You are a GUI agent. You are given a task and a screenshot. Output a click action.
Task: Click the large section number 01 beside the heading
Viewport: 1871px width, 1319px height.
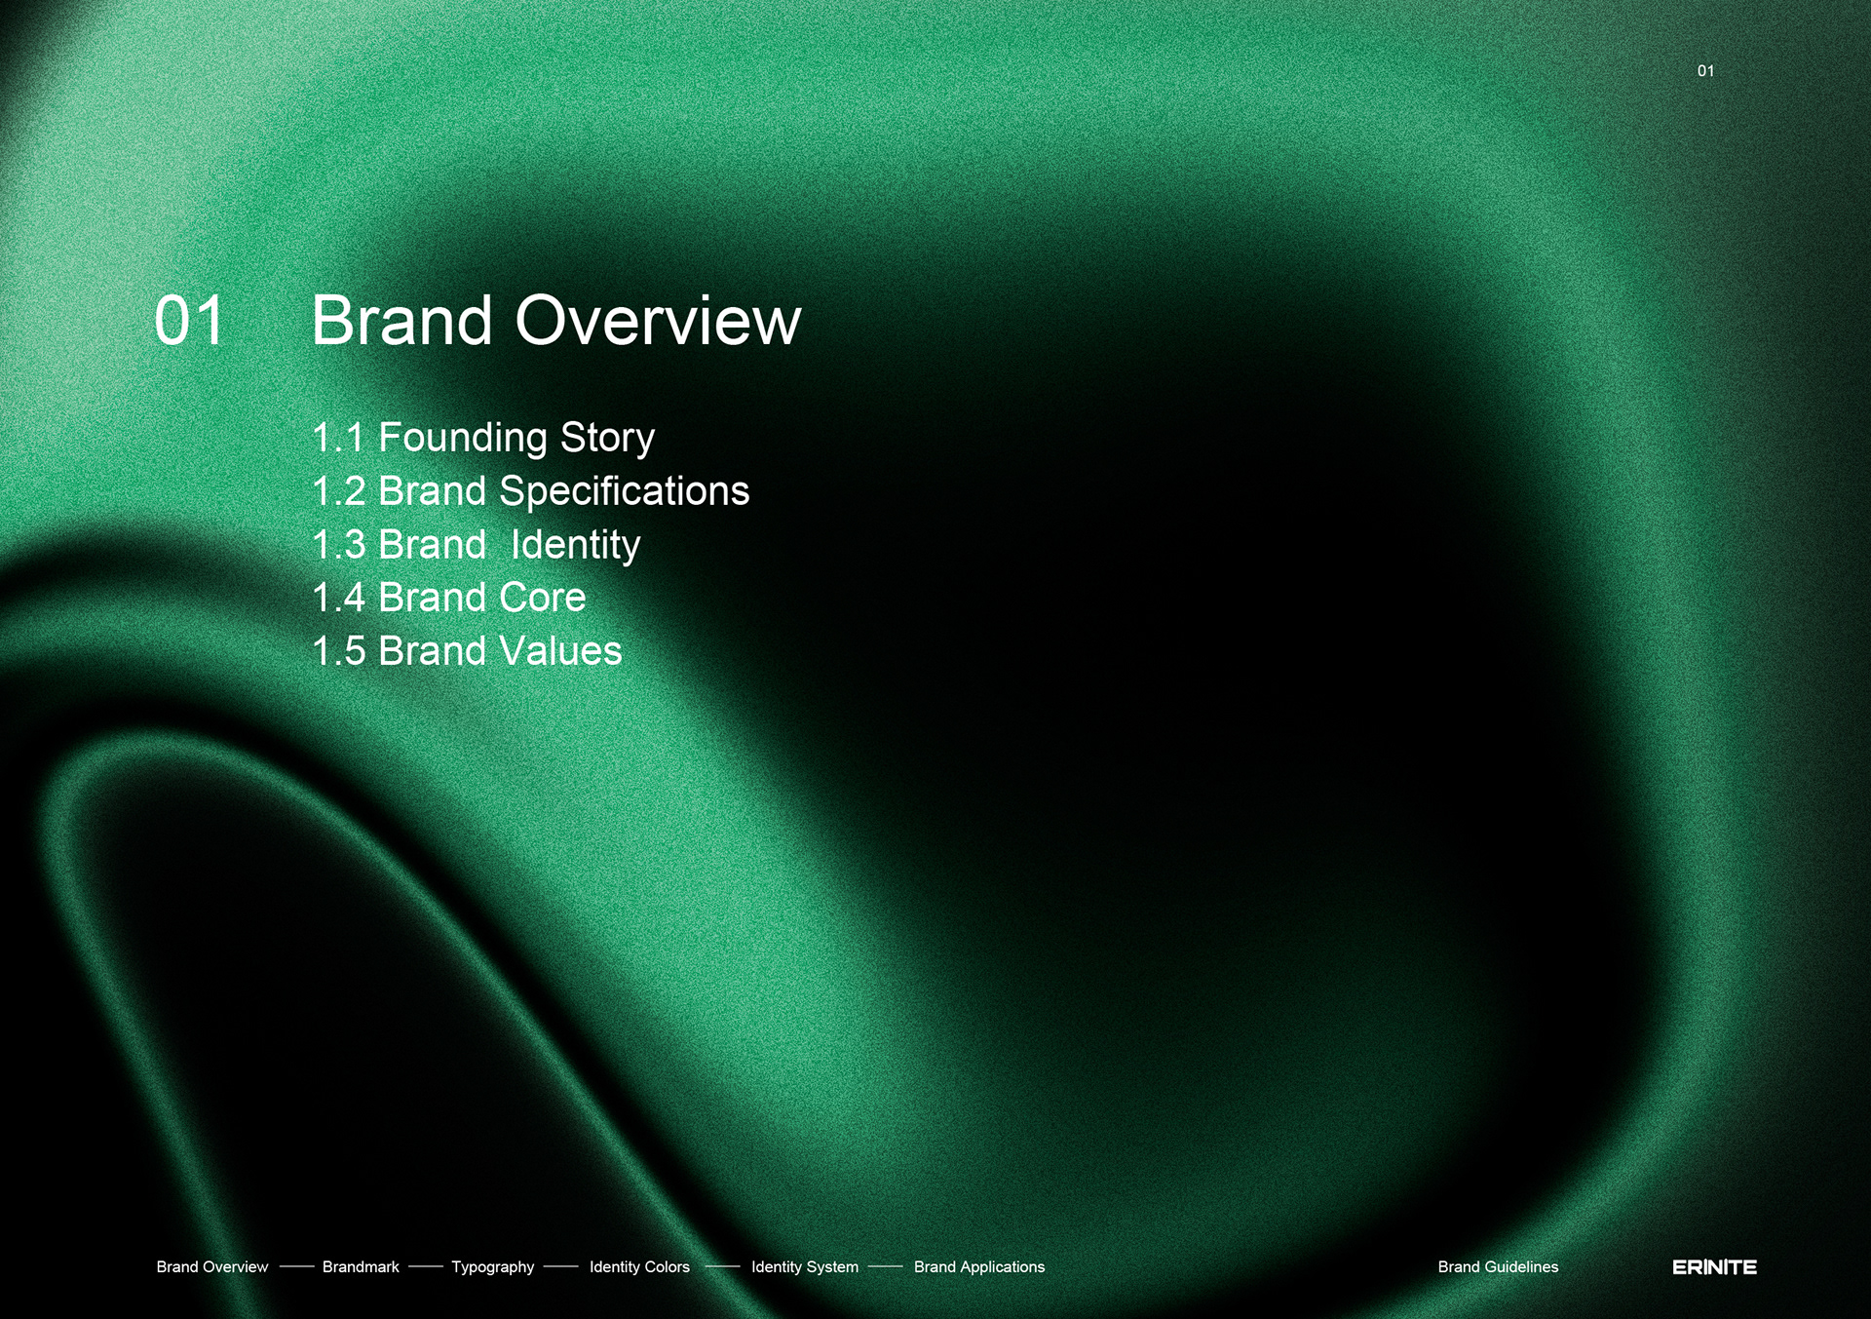click(190, 321)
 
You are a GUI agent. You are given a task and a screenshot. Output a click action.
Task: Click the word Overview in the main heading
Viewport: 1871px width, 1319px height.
click(658, 320)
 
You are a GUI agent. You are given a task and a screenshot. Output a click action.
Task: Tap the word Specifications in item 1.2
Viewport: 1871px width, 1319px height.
click(625, 490)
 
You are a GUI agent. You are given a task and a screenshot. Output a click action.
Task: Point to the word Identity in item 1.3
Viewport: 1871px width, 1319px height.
click(576, 545)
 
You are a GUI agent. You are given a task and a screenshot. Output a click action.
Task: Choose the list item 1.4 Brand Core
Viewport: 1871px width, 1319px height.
click(449, 598)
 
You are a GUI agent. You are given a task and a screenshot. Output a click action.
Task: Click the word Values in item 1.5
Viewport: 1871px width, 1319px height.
click(560, 651)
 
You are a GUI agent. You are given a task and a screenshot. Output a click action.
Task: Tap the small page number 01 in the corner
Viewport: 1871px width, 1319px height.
click(1705, 71)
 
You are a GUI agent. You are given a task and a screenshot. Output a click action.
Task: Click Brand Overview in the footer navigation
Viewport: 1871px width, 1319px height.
click(212, 1266)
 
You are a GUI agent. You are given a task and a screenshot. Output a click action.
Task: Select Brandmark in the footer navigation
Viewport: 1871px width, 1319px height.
click(361, 1266)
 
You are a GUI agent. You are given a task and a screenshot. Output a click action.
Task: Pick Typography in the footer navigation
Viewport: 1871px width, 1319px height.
click(493, 1267)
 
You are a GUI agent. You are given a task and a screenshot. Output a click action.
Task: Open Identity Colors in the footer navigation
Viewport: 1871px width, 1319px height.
click(639, 1267)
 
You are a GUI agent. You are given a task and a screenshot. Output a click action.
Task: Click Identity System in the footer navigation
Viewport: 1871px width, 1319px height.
click(805, 1267)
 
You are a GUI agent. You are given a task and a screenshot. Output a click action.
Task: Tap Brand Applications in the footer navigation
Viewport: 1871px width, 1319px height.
click(979, 1267)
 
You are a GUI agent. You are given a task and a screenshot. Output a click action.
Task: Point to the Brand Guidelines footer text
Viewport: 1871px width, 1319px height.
click(1498, 1266)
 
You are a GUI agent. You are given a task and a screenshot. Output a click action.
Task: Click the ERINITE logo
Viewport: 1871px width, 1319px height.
click(1715, 1267)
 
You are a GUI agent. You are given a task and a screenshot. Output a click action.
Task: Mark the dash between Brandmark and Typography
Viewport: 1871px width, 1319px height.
click(426, 1267)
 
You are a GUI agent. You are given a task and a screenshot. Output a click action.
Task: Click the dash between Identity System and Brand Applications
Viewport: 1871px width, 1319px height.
click(886, 1267)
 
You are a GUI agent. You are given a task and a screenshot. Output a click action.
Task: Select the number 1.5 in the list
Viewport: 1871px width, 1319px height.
click(339, 651)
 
